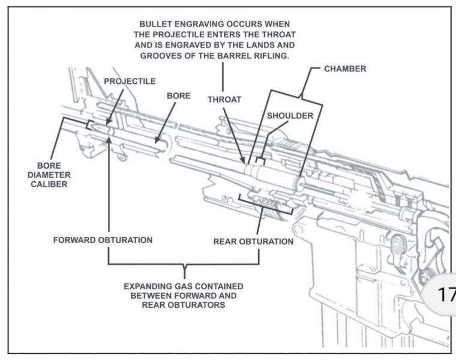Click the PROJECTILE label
click(x=130, y=80)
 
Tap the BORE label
click(x=178, y=96)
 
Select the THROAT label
click(x=224, y=100)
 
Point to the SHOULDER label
click(x=290, y=116)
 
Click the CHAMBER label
click(x=345, y=69)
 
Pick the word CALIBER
click(x=50, y=185)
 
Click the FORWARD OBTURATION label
click(x=103, y=240)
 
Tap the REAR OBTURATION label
click(x=253, y=242)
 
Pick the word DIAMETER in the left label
click(x=50, y=175)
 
